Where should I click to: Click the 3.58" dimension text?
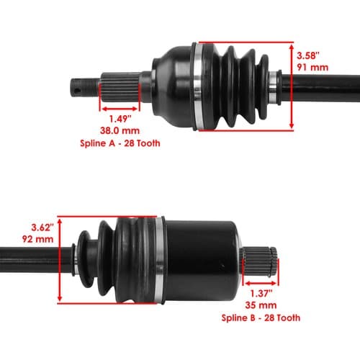coord(308,55)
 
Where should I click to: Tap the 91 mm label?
coord(312,68)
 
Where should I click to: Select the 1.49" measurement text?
coord(120,119)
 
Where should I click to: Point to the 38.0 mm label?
coord(120,131)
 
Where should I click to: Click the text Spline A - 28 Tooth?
coord(120,143)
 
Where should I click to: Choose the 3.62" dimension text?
coord(42,228)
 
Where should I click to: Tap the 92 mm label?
coord(37,239)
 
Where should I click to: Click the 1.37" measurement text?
coord(261,293)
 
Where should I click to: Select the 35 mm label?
coord(261,305)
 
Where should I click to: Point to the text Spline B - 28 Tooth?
coord(261,318)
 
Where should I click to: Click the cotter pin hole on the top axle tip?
coord(76,91)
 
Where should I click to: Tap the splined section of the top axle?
coord(120,88)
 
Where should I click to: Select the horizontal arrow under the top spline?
coord(120,109)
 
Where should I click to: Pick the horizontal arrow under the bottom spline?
coord(261,284)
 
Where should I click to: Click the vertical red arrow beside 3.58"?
coord(292,86)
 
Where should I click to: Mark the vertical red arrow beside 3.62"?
coord(60,260)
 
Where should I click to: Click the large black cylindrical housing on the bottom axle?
coord(202,261)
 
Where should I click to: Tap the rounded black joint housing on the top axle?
coord(174,86)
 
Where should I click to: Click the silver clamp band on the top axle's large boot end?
coord(198,86)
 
